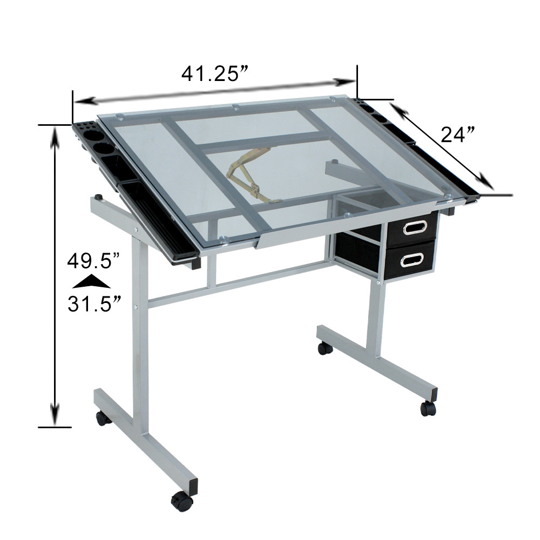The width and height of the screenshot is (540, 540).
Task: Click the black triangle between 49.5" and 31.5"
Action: tap(91, 282)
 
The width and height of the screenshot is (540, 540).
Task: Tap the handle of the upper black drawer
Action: tap(413, 227)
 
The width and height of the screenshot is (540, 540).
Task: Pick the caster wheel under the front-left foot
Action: tap(182, 502)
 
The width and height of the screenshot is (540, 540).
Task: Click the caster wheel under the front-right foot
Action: tap(428, 408)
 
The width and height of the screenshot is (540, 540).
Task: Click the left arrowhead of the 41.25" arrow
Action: tap(84, 101)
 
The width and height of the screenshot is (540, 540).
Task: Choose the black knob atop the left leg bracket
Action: tap(98, 197)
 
